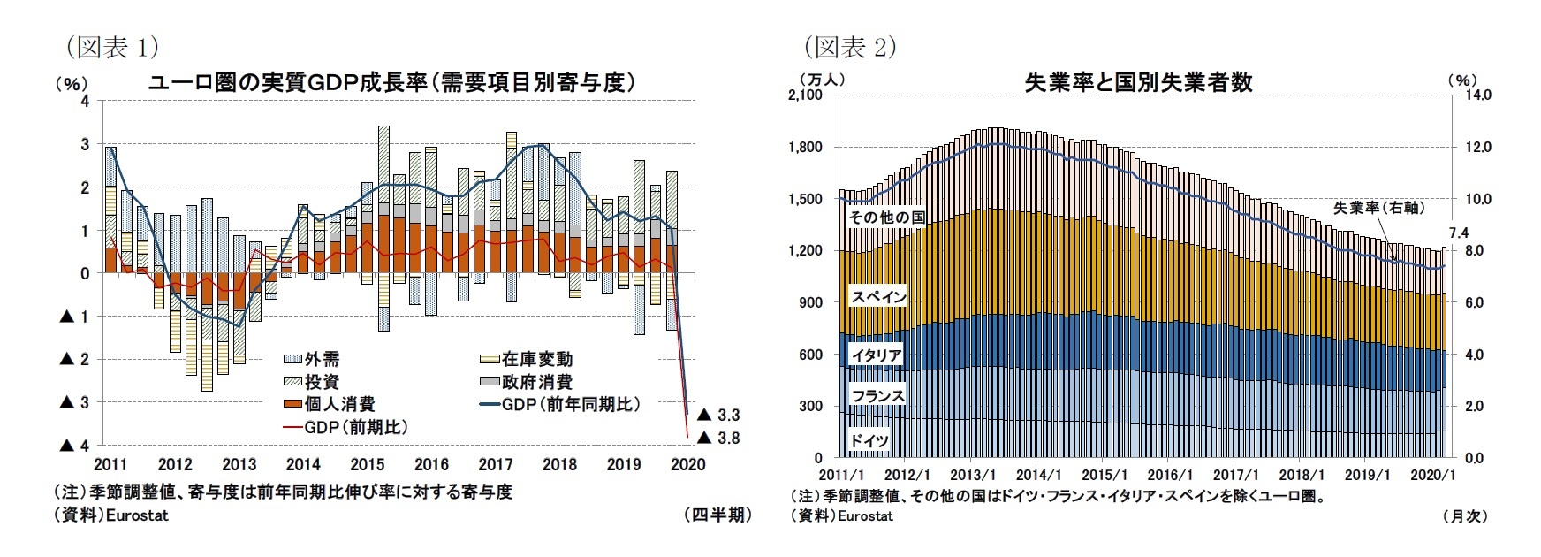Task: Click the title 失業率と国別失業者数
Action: (1138, 82)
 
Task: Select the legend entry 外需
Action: (322, 359)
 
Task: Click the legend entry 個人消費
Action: (339, 404)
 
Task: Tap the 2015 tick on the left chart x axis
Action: (367, 464)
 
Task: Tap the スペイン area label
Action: (878, 297)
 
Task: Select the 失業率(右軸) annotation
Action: (1378, 208)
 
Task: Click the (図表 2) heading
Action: (849, 46)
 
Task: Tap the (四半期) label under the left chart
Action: (717, 515)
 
